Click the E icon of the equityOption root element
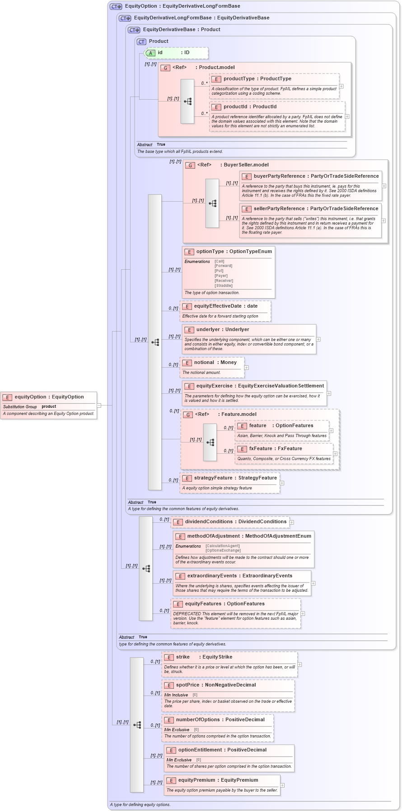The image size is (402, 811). [x=7, y=397]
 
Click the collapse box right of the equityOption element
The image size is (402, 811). [x=99, y=405]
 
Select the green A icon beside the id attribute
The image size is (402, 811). [x=151, y=53]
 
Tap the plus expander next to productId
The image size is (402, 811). [x=347, y=116]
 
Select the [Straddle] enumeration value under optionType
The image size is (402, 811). [x=224, y=286]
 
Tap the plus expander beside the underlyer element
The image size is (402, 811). [x=318, y=339]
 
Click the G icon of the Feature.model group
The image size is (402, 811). [x=188, y=415]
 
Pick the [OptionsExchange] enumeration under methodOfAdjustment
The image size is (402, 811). [x=223, y=550]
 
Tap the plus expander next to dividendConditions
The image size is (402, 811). [x=292, y=522]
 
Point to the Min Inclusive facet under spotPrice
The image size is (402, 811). [x=176, y=695]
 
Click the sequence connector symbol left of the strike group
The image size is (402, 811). [x=137, y=725]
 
